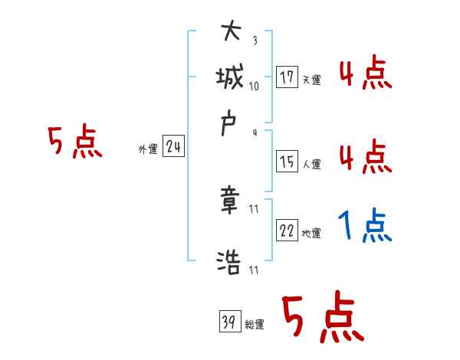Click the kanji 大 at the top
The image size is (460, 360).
230,34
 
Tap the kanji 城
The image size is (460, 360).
230,78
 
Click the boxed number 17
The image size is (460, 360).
287,77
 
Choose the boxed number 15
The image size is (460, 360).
287,162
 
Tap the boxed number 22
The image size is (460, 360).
287,231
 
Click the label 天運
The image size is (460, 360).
311,80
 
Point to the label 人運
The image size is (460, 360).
311,164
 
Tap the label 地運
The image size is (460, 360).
311,234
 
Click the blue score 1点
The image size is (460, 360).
364,227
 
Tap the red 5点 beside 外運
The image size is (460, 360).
74,143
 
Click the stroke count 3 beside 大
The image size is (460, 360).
254,41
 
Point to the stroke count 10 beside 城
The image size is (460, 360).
255,86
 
